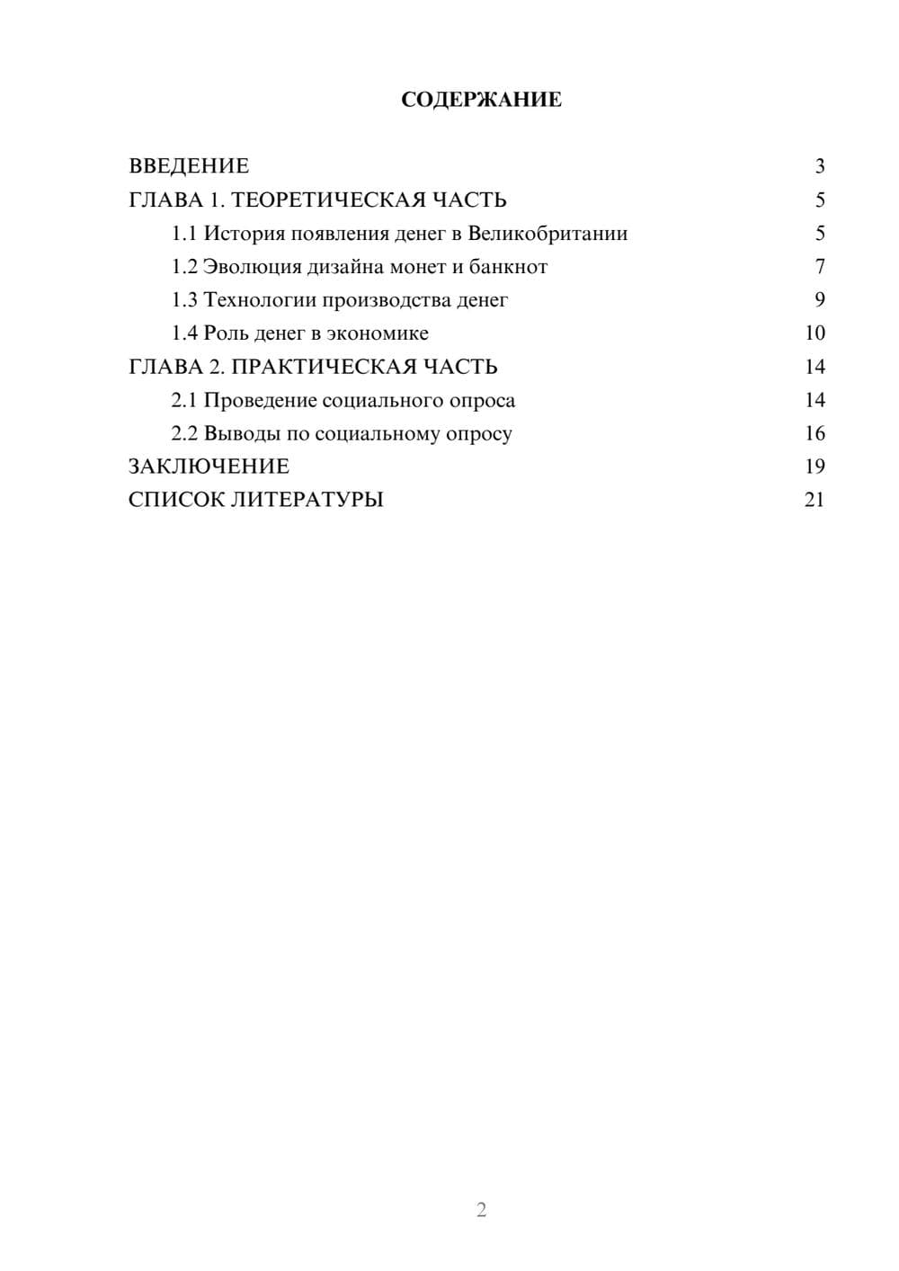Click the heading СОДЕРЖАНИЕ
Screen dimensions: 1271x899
pyautogui.click(x=481, y=100)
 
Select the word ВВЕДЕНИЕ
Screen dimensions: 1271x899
pyautogui.click(x=189, y=166)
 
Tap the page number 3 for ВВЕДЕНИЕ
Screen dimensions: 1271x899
pyautogui.click(x=819, y=166)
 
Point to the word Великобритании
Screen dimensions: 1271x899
pyautogui.click(x=547, y=234)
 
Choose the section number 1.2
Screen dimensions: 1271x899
pyautogui.click(x=184, y=267)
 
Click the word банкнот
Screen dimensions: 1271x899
pyautogui.click(x=508, y=267)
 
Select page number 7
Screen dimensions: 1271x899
pyautogui.click(x=819, y=267)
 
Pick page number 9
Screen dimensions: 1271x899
pyautogui.click(x=819, y=300)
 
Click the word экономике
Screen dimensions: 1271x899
pyautogui.click(x=378, y=333)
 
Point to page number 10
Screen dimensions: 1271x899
pyautogui.click(x=814, y=333)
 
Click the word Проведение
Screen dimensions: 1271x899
pyautogui.click(x=260, y=400)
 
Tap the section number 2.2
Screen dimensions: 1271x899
pyautogui.click(x=184, y=433)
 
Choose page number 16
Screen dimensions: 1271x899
pyautogui.click(x=814, y=433)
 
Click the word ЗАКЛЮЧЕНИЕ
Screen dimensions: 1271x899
pyautogui.click(x=209, y=467)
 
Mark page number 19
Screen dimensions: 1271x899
pyautogui.click(x=814, y=467)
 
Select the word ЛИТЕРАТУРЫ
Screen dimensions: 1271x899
pyautogui.click(x=307, y=500)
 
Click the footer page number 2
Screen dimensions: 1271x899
pyautogui.click(x=481, y=1210)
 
